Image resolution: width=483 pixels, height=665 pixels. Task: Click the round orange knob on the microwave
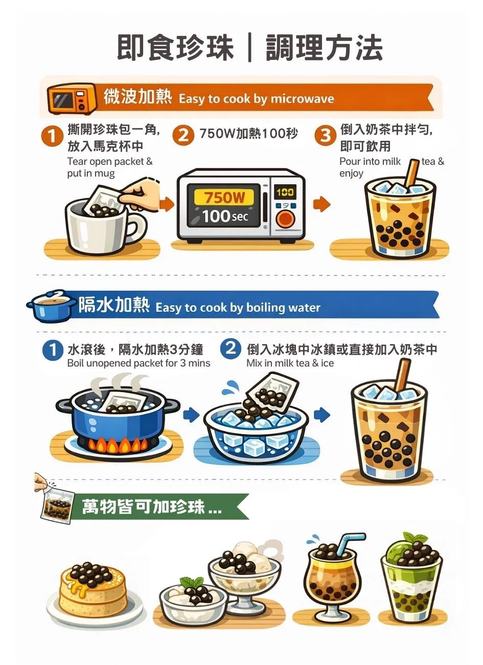(x=285, y=220)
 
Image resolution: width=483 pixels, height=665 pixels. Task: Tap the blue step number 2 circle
(x=231, y=349)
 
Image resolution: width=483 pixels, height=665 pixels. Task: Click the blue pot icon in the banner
(x=51, y=307)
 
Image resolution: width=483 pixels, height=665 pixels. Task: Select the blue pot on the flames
(x=118, y=417)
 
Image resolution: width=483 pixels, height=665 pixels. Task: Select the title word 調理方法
(x=324, y=49)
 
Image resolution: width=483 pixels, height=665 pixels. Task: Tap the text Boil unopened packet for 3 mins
(x=139, y=363)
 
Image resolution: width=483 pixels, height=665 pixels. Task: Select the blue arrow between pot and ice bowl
(x=191, y=414)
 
